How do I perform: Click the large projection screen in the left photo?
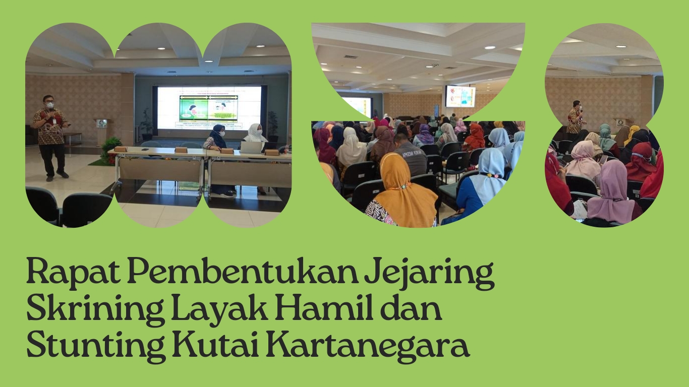coord(209,107)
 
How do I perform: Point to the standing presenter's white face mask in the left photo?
coord(50,105)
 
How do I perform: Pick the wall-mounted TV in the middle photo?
coord(460,96)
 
